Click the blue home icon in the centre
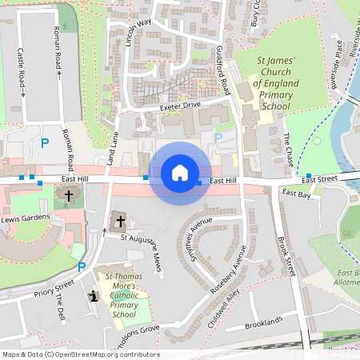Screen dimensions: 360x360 [x=179, y=173]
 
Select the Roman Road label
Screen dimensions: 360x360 [x=59, y=47]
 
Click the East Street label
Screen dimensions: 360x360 [x=320, y=180]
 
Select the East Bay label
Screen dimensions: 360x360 [x=296, y=194]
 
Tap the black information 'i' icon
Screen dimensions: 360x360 [x=94, y=297]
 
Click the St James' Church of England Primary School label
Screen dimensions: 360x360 [x=275, y=83]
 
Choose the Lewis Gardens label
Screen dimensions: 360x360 [x=25, y=218]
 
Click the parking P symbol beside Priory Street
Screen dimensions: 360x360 [x=81, y=267]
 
